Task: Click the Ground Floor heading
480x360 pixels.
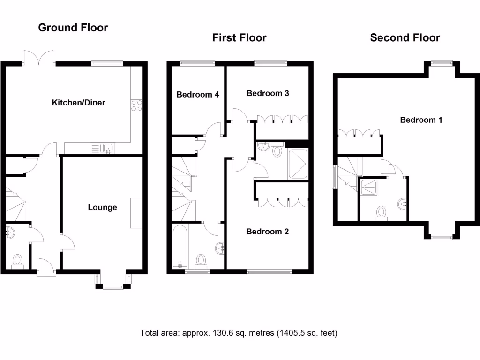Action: pos(73,28)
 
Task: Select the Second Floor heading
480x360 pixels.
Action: pos(405,38)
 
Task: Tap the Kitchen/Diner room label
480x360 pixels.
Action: pos(78,102)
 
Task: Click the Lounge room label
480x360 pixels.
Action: pos(102,207)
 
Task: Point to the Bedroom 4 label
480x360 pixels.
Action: pos(198,94)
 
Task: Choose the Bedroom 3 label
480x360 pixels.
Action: pos(268,93)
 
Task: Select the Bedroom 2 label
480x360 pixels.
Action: pos(268,232)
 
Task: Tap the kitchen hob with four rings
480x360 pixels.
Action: pos(137,105)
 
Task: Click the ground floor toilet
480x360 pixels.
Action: pos(17,261)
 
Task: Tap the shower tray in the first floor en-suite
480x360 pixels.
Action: pos(298,164)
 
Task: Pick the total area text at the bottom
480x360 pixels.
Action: pos(239,333)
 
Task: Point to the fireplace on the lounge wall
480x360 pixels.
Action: pos(136,213)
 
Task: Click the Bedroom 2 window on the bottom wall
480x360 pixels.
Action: pos(269,271)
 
